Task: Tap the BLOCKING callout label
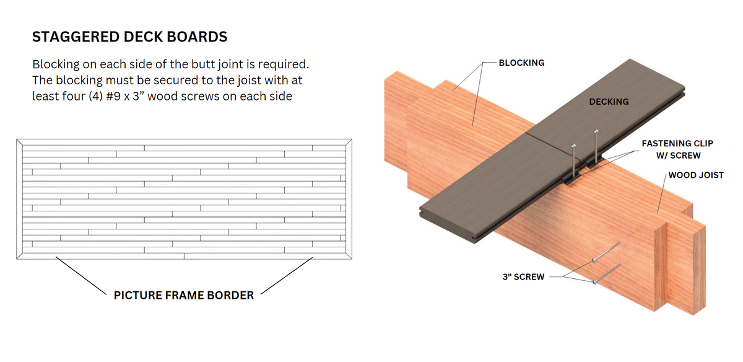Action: point(521,63)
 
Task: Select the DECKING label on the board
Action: point(609,102)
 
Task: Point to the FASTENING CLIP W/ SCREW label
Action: point(677,149)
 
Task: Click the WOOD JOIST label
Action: point(696,175)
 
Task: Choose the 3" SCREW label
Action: point(523,276)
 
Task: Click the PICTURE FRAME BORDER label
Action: point(184,295)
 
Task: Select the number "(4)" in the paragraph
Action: point(95,96)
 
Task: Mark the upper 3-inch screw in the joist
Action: point(606,252)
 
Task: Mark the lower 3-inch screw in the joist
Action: point(607,274)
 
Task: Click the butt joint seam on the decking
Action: point(552,146)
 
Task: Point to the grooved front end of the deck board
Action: point(448,226)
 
